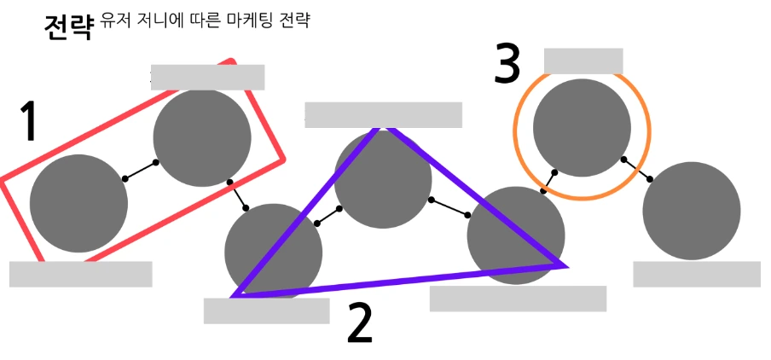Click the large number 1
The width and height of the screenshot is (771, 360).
pos(30,122)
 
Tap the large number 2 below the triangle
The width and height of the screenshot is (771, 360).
pos(360,324)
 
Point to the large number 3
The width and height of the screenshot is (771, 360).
pos(507,64)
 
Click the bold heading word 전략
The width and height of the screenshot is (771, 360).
pos(67,26)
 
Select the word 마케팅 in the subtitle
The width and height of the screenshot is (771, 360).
pos(243,20)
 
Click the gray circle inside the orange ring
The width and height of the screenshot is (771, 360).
pos(582,127)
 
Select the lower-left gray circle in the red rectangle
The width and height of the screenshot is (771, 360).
pos(78,203)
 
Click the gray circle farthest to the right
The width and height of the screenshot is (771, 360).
pos(691,211)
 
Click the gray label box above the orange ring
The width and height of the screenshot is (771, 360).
pos(583,61)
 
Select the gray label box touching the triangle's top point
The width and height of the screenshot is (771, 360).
pos(383,115)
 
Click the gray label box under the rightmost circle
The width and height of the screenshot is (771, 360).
pos(696,274)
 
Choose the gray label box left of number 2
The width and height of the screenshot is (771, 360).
pos(266,311)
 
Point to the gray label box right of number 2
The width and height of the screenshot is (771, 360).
pos(518,299)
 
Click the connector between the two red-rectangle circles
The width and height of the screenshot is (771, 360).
pos(141,171)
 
